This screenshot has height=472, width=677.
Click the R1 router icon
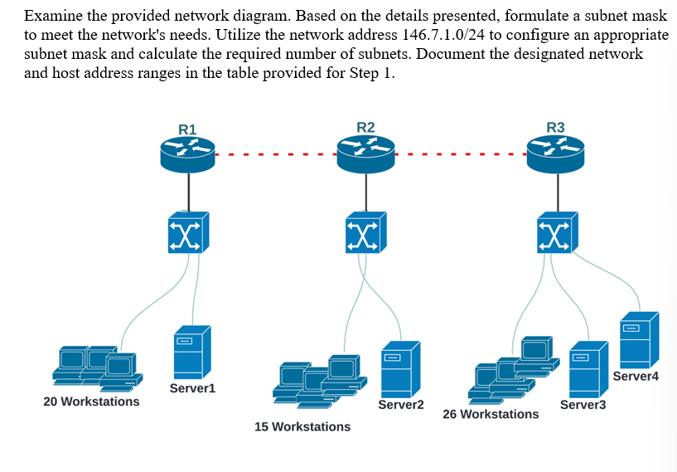(x=189, y=154)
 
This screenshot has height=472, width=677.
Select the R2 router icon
(x=365, y=153)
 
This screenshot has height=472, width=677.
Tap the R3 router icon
(x=556, y=153)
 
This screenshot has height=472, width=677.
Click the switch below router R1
(x=189, y=232)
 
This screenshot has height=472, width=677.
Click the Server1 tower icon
(x=191, y=352)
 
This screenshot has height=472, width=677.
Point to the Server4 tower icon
(x=638, y=340)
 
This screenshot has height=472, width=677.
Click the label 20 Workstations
(x=91, y=401)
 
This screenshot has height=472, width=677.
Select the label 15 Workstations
(x=302, y=426)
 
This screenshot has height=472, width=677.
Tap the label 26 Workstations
(x=491, y=414)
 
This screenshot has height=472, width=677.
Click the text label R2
(x=365, y=127)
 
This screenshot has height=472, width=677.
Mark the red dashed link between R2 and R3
(x=461, y=154)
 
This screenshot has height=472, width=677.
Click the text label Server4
(x=636, y=377)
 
